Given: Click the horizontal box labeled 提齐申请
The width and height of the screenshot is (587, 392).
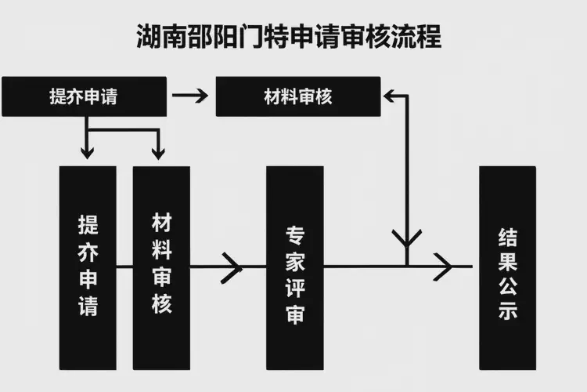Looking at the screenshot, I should pos(84,96).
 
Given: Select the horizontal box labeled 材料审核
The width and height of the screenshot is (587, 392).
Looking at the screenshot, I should pos(298,96).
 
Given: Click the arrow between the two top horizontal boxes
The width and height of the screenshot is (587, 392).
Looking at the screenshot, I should pos(190,96).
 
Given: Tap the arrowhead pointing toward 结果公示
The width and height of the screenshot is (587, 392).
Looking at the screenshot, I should pos(444,267).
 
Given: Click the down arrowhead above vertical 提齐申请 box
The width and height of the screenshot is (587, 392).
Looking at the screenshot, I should pos(88,152).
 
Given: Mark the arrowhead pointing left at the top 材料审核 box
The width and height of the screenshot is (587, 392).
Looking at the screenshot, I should pos(391,96).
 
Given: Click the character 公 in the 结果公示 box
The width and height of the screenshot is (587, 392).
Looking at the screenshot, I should pos(507,286).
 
